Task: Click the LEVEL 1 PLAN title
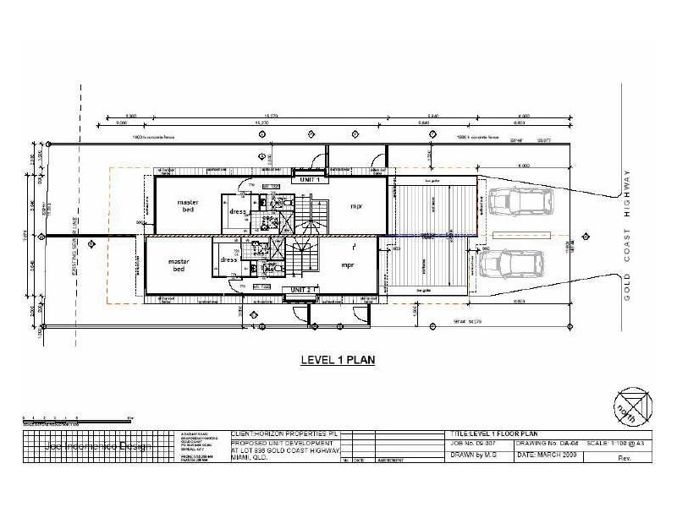coord(338,359)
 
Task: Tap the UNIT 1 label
coord(308,179)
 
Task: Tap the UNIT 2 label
coord(302,290)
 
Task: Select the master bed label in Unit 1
coord(188,207)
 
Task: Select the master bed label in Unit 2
coord(179,264)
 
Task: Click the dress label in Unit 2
coord(227,260)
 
